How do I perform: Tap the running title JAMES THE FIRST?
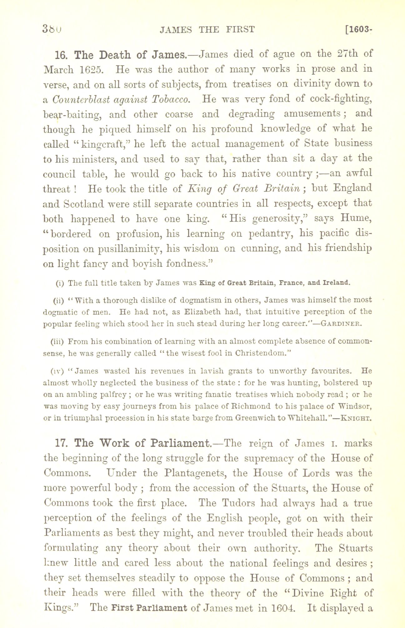207,30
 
